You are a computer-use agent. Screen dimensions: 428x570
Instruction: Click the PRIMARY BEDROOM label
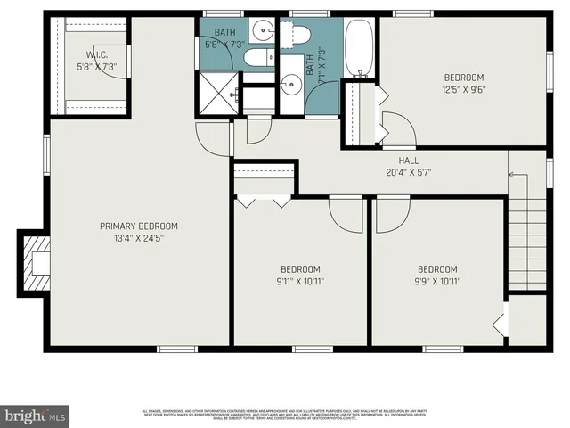(x=138, y=226)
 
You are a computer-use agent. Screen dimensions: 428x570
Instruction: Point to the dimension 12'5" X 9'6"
(x=464, y=90)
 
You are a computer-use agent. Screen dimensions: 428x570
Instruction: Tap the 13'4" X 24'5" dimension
(x=138, y=238)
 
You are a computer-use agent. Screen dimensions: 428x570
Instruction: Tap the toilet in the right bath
(x=297, y=35)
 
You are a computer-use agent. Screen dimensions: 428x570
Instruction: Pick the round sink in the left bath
(x=262, y=31)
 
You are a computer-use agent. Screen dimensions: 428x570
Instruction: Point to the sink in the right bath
(x=290, y=86)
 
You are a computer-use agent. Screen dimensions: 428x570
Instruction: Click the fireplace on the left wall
(x=37, y=263)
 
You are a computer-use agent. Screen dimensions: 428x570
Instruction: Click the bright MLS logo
(x=35, y=415)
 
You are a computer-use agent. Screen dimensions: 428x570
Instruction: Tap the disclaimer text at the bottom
(x=285, y=414)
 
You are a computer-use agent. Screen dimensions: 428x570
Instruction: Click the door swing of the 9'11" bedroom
(x=346, y=214)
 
